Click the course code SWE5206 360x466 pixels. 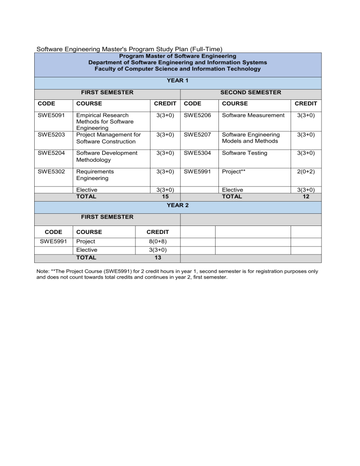pyautogui.click(x=197, y=115)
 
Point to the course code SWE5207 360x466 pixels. pyautogui.click(x=197, y=135)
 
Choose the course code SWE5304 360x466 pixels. pyautogui.click(x=197, y=153)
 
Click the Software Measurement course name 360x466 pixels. pyautogui.click(x=253, y=115)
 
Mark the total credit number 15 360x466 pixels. pyautogui.click(x=158, y=197)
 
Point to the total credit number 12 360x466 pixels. pyautogui.click(x=306, y=197)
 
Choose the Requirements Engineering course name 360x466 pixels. pyautogui.click(x=95, y=175)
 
